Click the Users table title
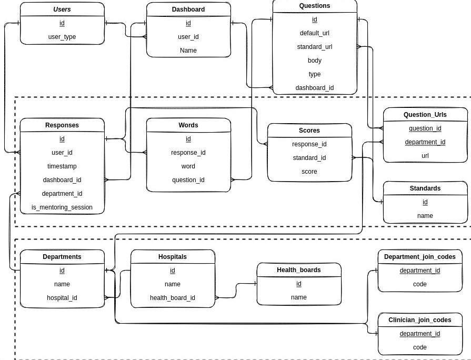[x=62, y=9]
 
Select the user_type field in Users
[x=62, y=37]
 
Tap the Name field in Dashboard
[x=188, y=51]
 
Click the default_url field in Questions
[x=314, y=33]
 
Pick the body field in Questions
[x=314, y=61]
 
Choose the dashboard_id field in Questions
[x=314, y=88]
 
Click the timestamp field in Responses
[x=62, y=166]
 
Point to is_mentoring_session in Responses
[x=62, y=207]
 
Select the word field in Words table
[x=188, y=166]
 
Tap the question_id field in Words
[x=188, y=180]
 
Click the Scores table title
[x=309, y=131]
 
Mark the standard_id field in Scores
[x=309, y=158]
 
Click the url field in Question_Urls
[x=425, y=156]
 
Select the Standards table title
[x=425, y=188]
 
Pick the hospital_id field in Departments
[x=62, y=298]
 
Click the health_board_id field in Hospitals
[x=172, y=298]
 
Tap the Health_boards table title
[x=298, y=270]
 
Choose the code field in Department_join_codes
[x=419, y=284]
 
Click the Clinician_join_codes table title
[x=419, y=320]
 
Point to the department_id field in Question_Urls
[x=425, y=142]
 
